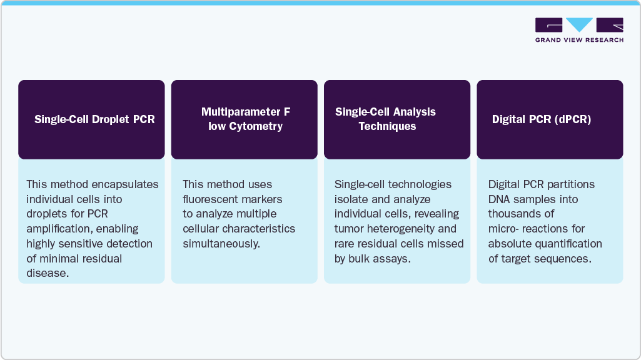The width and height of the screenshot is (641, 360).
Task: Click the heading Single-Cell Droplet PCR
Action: click(94, 119)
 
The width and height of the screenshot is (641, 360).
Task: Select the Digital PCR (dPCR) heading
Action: click(541, 119)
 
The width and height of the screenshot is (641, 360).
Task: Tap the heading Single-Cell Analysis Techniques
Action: click(385, 119)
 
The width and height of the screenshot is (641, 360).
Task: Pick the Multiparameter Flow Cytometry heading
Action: click(246, 119)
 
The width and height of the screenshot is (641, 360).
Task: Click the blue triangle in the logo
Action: click(579, 24)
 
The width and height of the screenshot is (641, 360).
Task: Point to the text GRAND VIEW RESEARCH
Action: click(579, 40)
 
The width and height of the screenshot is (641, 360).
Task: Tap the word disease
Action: click(48, 273)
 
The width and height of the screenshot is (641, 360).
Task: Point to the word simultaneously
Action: click(221, 244)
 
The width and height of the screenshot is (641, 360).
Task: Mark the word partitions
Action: click(571, 185)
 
